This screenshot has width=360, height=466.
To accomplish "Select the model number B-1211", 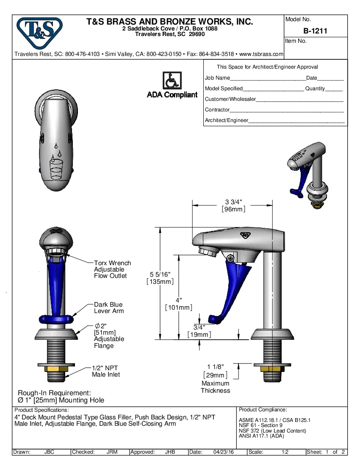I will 315,31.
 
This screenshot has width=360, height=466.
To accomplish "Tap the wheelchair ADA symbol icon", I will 172,80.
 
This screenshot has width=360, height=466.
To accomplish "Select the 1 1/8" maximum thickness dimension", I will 215,367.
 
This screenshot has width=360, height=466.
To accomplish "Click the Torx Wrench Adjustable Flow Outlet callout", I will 112,269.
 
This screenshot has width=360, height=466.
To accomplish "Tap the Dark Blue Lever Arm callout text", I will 109,308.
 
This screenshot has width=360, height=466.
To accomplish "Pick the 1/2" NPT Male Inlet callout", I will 106,371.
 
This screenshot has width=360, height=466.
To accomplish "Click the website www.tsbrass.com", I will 261,54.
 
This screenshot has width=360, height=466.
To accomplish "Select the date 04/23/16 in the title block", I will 224,452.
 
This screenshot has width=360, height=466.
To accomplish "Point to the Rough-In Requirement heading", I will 54,393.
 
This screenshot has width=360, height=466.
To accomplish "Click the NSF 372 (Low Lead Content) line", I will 272,431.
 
